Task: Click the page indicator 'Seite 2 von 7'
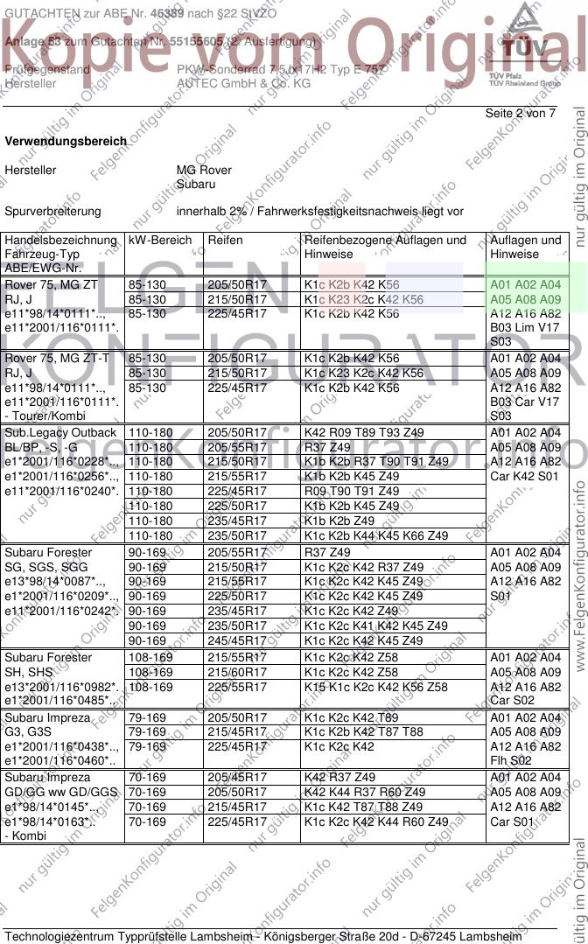tap(520, 114)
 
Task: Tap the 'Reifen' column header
tap(226, 240)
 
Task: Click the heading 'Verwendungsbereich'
tap(66, 141)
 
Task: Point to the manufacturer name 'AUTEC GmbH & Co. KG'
tap(243, 83)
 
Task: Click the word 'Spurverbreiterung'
tap(52, 211)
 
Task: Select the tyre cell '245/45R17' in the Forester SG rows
tap(237, 640)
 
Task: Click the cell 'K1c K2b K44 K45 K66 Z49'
tap(375, 535)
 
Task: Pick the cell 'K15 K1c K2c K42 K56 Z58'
tap(375, 688)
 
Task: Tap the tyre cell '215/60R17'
tap(237, 673)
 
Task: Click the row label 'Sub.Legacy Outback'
tap(60, 433)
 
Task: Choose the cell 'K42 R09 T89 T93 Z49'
tap(363, 433)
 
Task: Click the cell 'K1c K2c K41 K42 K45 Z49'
tap(375, 626)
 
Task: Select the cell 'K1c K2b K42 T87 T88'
tap(363, 732)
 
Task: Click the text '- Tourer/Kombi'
tap(43, 416)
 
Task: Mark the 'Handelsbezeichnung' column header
tap(60, 240)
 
